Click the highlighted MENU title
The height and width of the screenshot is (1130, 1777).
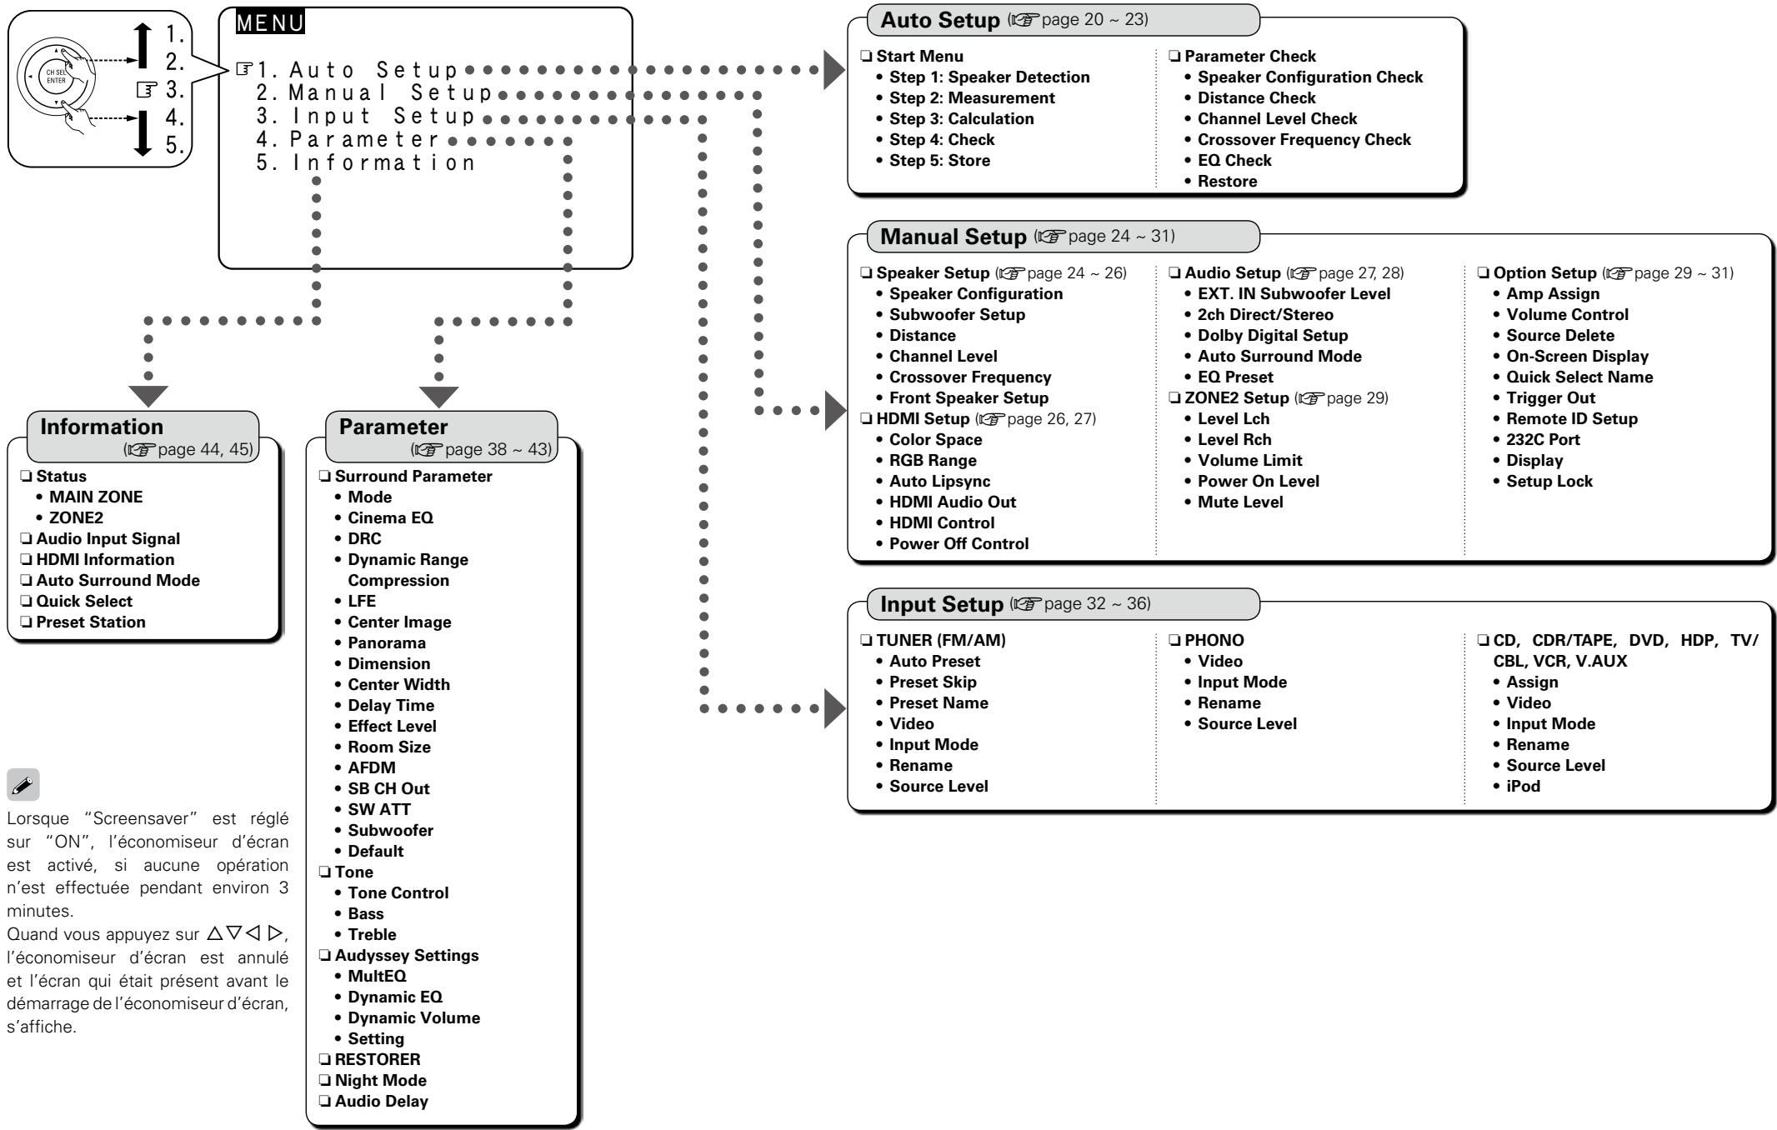pos(270,22)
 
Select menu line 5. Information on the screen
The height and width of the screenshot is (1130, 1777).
pos(366,162)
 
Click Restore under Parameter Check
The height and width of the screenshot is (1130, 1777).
pos(1228,181)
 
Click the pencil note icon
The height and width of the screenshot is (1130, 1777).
pos(23,784)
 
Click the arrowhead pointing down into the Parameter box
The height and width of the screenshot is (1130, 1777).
pos(438,396)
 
